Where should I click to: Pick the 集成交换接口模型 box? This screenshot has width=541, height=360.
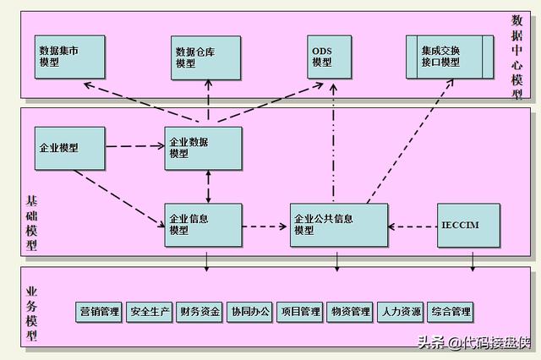click(x=446, y=56)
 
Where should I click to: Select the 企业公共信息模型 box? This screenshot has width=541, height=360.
click(x=339, y=224)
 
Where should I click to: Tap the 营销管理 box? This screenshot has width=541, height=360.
click(x=99, y=312)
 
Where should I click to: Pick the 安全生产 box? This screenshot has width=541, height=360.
click(x=150, y=312)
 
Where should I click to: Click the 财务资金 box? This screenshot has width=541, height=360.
click(x=200, y=312)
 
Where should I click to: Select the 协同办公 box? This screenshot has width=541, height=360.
click(x=250, y=312)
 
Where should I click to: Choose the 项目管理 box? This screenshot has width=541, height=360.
click(x=300, y=312)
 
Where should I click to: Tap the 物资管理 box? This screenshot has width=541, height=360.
click(x=350, y=312)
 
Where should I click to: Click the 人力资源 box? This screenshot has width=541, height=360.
click(x=400, y=312)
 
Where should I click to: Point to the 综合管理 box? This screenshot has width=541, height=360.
click(x=450, y=312)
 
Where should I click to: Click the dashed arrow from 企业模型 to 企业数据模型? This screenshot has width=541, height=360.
click(x=135, y=146)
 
